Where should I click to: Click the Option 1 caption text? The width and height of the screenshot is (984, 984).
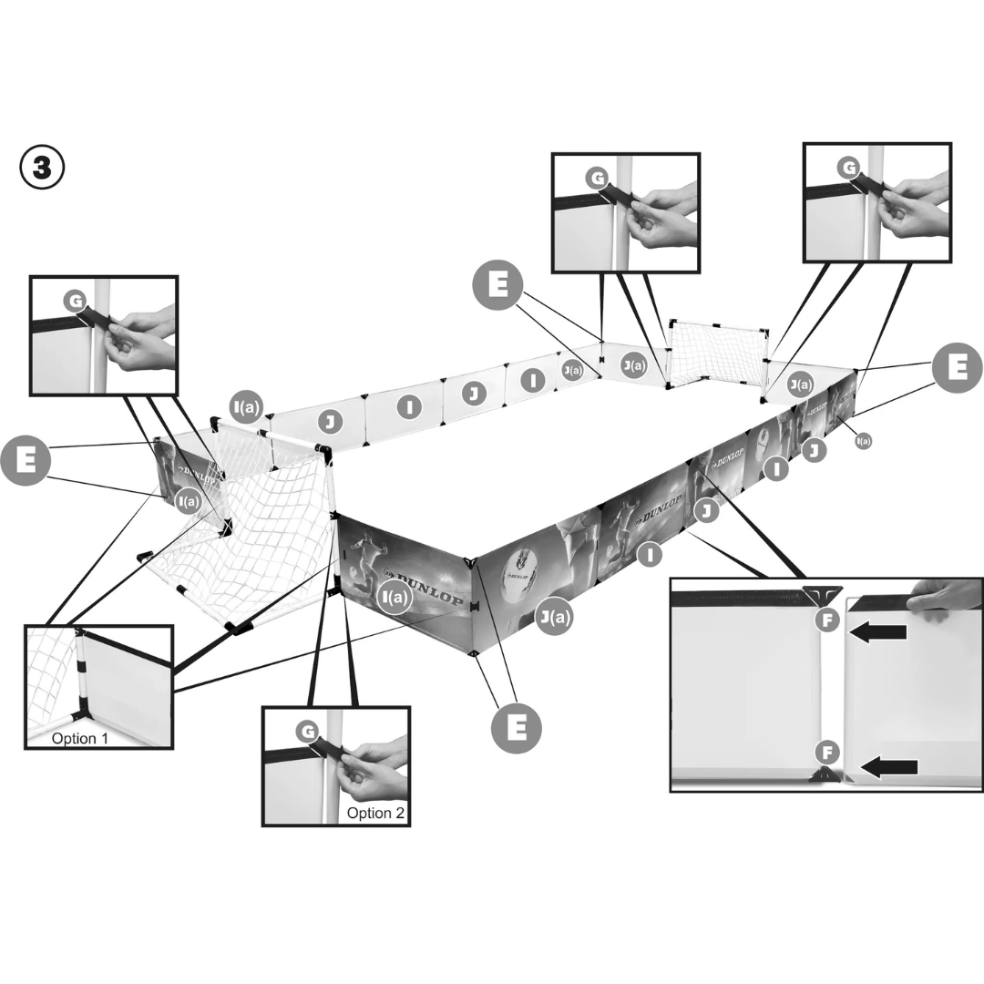coord(79,738)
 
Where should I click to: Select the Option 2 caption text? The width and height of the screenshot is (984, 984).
coord(375,814)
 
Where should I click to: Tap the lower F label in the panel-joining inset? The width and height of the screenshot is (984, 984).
coord(826,753)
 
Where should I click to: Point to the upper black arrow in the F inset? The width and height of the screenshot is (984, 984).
coord(878,632)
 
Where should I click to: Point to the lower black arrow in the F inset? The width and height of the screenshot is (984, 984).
coord(889,767)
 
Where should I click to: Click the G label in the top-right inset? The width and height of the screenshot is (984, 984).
coord(847,169)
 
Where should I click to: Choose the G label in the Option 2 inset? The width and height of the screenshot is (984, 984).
coord(307,731)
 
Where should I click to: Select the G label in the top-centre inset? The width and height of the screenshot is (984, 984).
coord(598,179)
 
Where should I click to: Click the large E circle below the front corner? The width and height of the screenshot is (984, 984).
coord(516,728)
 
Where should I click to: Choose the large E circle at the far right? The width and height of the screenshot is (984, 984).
coord(957,369)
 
